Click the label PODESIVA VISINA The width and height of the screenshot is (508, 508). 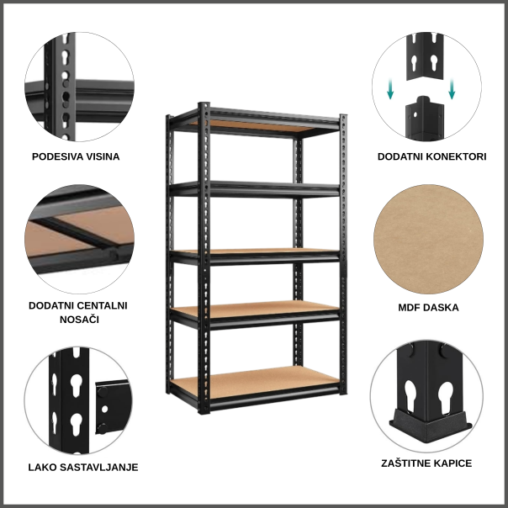(x=76, y=156)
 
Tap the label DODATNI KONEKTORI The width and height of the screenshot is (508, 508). (x=431, y=156)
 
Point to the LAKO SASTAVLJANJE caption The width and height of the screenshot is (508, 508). (x=82, y=467)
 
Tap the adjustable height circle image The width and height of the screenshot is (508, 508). (x=79, y=87)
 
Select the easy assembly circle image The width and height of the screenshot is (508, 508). (x=79, y=400)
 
